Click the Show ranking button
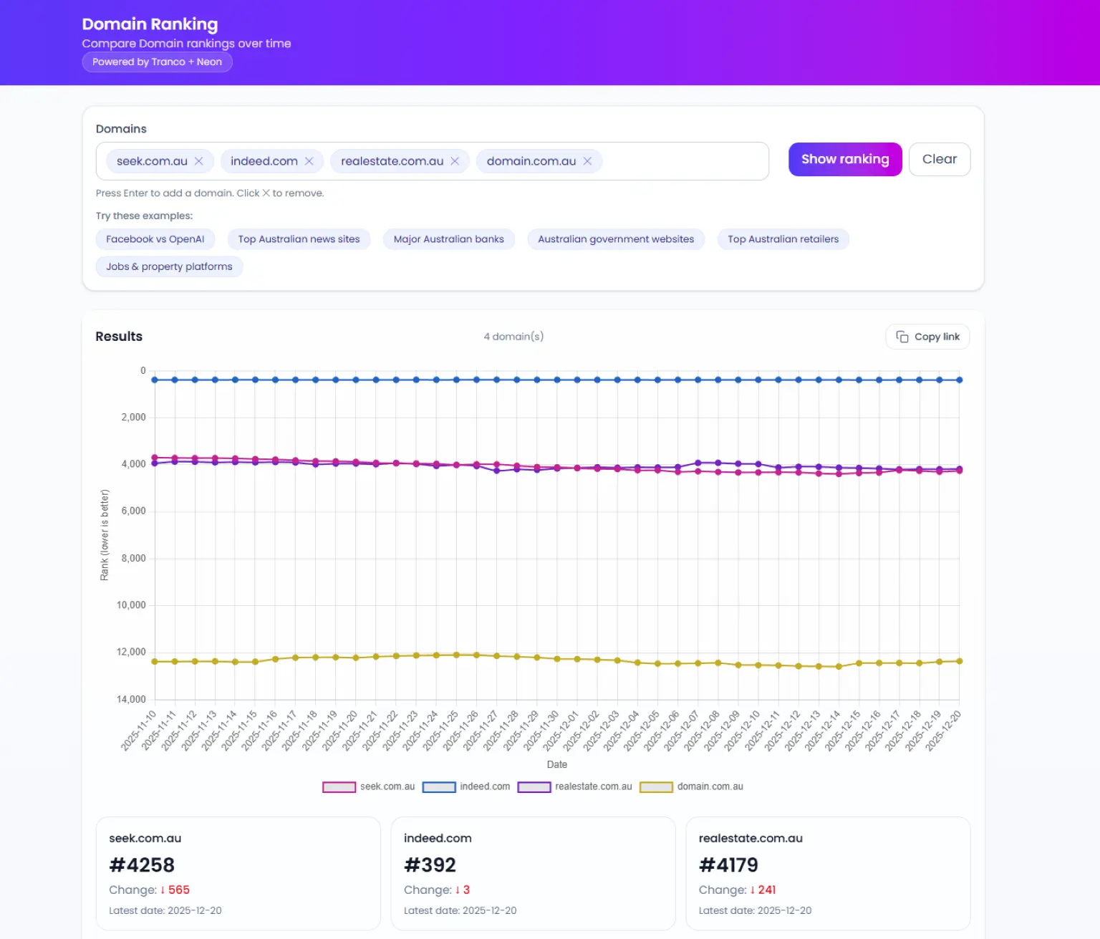(x=844, y=159)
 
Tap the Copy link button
(x=927, y=337)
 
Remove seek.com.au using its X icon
(x=199, y=161)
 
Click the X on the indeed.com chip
(x=309, y=161)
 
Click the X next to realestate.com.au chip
(x=455, y=161)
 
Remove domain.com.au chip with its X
(x=587, y=161)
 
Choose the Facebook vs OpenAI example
(x=155, y=239)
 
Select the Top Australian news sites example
(x=299, y=239)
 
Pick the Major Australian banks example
(x=448, y=239)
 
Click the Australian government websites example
(x=616, y=239)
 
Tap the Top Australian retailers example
(x=783, y=239)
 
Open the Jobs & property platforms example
(x=169, y=266)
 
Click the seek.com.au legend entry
(x=369, y=786)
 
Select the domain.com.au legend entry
(x=692, y=786)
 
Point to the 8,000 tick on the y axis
(x=133, y=558)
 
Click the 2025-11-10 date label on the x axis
(x=139, y=731)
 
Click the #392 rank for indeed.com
(x=430, y=865)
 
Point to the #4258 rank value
(x=142, y=865)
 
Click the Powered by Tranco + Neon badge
(x=157, y=62)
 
